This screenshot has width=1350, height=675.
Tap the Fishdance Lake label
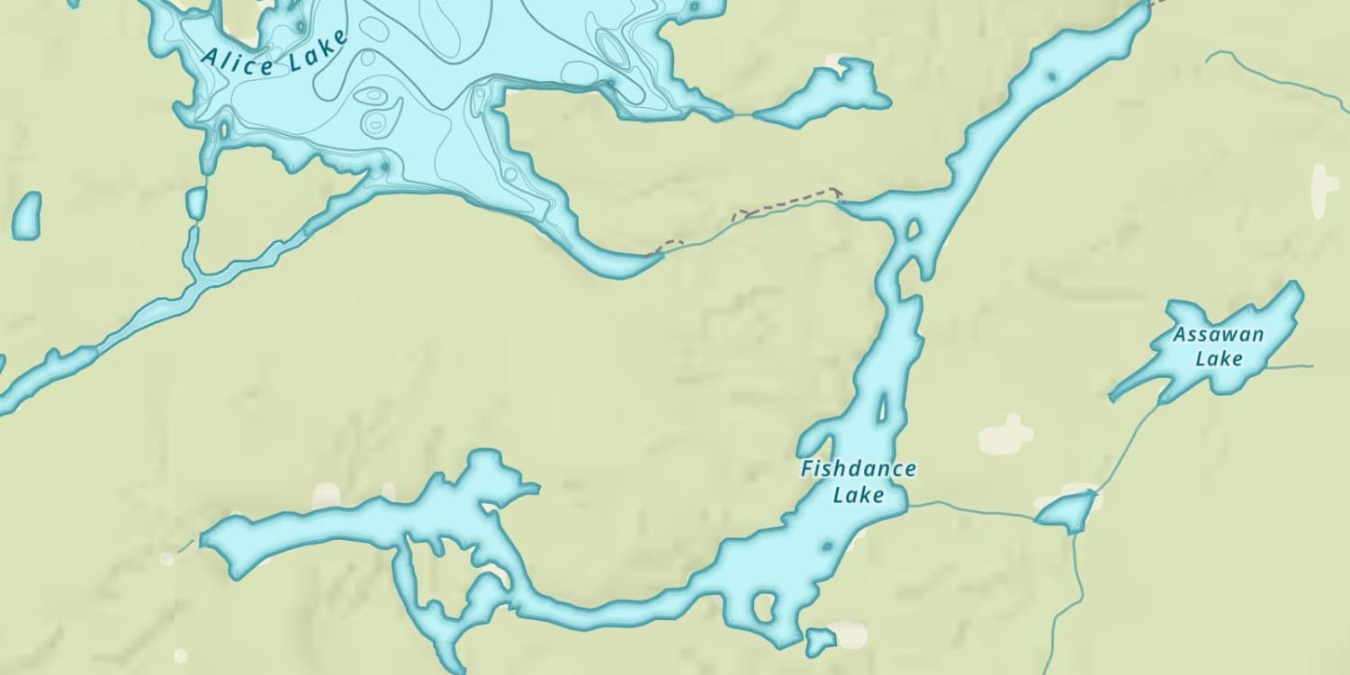858,481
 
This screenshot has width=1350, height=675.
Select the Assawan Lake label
1219,346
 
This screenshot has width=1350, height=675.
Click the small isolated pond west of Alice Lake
26,215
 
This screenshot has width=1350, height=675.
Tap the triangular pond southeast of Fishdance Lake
1067,512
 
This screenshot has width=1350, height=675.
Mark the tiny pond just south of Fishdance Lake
819,642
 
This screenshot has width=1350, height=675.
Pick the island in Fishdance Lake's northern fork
913,229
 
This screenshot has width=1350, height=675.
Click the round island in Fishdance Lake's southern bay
764,607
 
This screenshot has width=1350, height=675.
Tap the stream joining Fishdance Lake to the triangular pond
972,509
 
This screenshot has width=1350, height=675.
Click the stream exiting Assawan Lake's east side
1291,366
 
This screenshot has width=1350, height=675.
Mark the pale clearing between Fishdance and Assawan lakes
1006,435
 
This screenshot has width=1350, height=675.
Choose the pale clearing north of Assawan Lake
1324,190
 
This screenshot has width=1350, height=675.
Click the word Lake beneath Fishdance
858,494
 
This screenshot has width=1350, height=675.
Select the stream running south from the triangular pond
1076,585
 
